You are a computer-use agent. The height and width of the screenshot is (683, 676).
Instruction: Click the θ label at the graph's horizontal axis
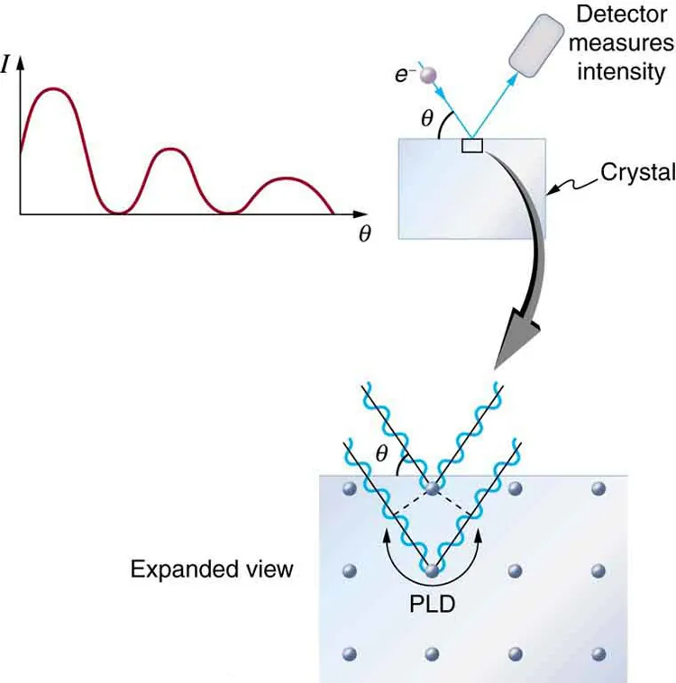pyautogui.click(x=364, y=232)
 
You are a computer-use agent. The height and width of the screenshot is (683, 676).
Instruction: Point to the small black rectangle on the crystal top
pyautogui.click(x=471, y=145)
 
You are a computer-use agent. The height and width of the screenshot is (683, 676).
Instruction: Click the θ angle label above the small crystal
pyautogui.click(x=429, y=117)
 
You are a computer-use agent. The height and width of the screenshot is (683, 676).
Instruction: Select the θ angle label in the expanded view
pyautogui.click(x=381, y=455)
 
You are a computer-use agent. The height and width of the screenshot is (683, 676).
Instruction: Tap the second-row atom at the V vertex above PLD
pyautogui.click(x=432, y=570)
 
